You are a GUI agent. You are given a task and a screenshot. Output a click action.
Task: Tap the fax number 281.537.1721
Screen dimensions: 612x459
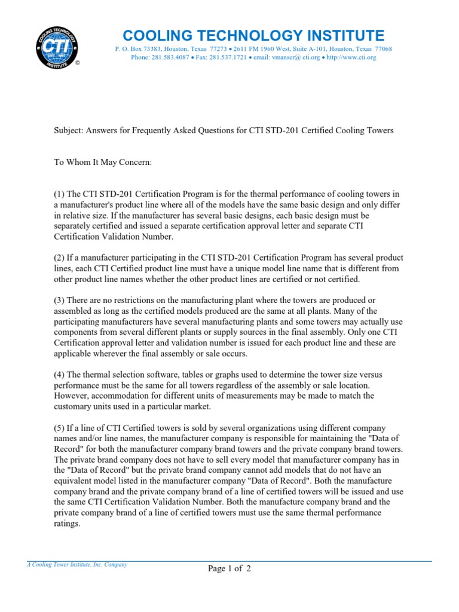tap(226, 57)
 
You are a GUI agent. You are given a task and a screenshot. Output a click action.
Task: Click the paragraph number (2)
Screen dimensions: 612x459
tap(60, 258)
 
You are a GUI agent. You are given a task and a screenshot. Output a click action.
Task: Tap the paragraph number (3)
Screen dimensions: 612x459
tap(60, 300)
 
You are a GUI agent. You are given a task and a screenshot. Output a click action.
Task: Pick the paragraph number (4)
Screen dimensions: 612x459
tap(60, 374)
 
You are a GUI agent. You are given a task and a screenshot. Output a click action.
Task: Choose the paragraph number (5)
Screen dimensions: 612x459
tap(60, 428)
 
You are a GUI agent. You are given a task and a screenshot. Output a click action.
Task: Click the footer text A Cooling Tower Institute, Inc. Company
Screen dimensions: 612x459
tap(77, 564)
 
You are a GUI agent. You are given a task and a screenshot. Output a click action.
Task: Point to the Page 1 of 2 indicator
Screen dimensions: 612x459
tap(229, 569)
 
